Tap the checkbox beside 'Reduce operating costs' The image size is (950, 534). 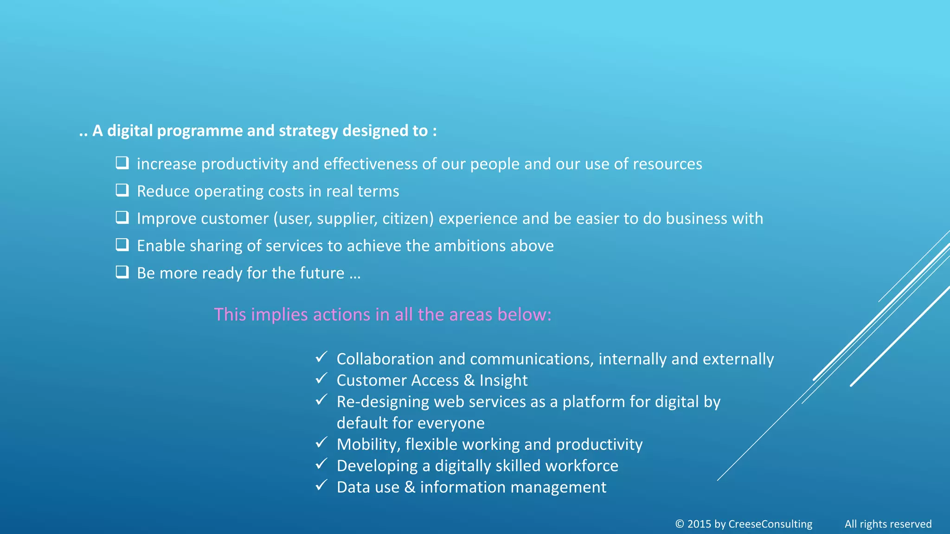[122, 190]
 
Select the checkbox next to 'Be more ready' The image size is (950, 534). [122, 272]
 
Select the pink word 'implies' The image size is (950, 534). [279, 315]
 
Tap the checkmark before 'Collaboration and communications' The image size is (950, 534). [321, 357]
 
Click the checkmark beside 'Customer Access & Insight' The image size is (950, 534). [321, 378]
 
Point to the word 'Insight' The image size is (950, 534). [503, 381]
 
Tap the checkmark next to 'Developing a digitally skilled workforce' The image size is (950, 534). [321, 464]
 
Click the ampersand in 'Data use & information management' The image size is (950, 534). [410, 487]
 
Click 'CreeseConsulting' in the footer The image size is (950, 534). [770, 524]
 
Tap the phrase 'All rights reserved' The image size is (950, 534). [888, 524]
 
